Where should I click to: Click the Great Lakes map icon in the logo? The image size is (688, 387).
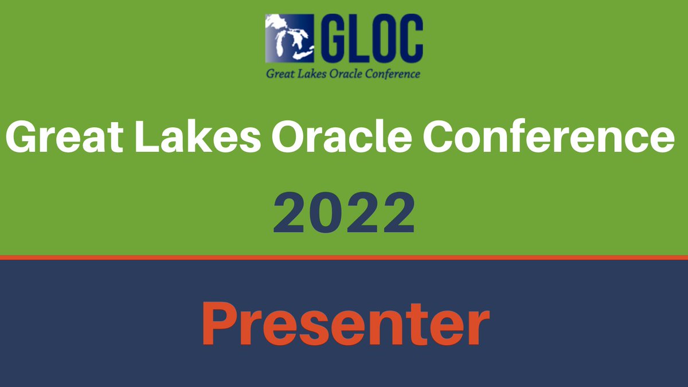pos(290,38)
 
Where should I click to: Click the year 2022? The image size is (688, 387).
pos(343,214)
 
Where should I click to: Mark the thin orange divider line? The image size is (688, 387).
pos(344,257)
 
